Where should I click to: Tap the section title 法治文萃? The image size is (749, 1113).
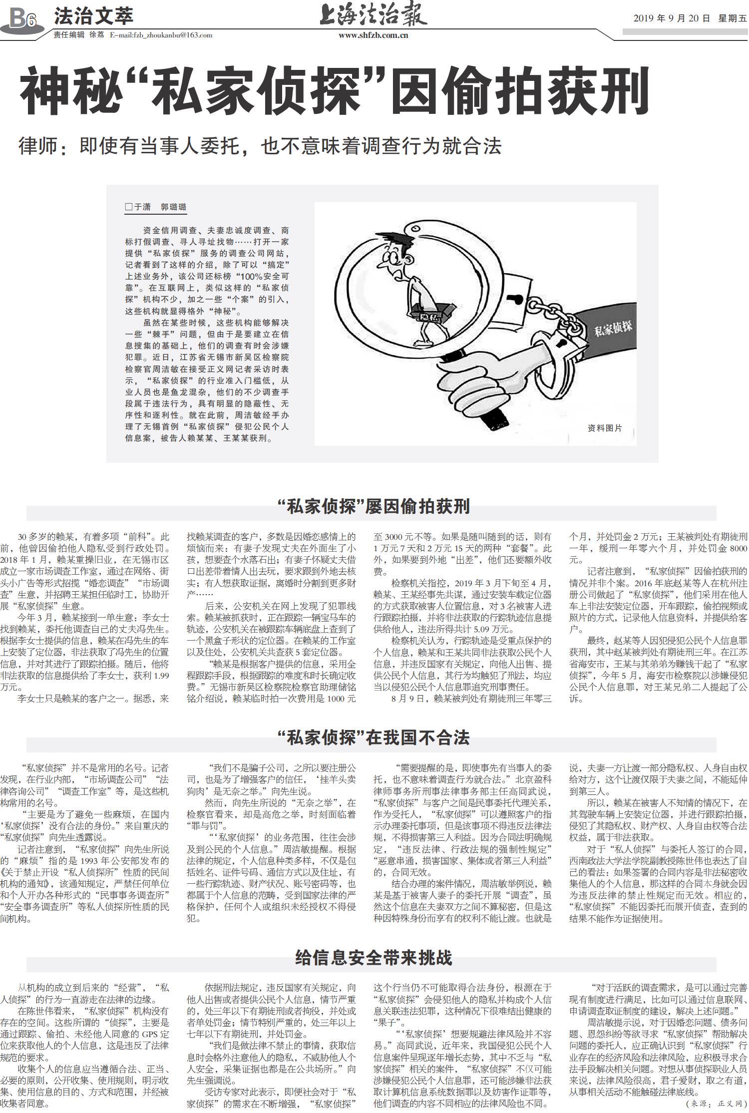tap(93, 16)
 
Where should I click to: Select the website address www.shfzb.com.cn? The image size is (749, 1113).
tap(374, 35)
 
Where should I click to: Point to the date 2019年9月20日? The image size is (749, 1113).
tap(671, 18)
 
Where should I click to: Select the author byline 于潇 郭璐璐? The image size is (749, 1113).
tap(156, 207)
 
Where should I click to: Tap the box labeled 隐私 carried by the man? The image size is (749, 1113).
tap(430, 313)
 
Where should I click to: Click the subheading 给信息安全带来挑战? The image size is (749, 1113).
tap(374, 958)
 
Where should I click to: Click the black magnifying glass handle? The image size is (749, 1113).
tap(492, 418)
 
